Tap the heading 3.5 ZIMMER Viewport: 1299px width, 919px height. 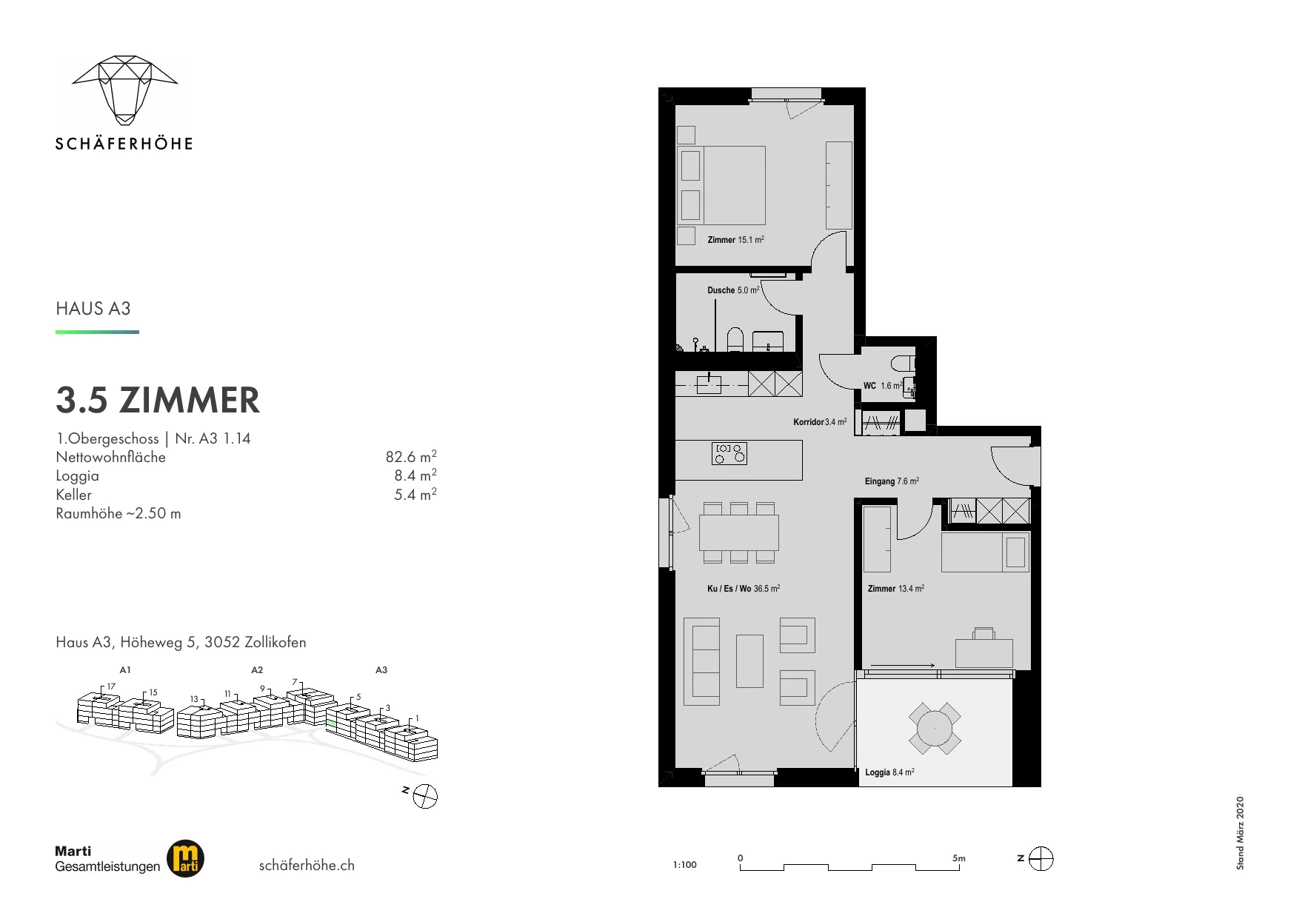click(x=158, y=400)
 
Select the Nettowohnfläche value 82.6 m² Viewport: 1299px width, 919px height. click(x=411, y=457)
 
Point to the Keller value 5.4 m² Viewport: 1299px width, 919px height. click(x=415, y=495)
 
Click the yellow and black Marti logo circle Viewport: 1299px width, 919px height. click(x=185, y=859)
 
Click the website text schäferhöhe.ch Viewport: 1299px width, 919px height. click(x=307, y=865)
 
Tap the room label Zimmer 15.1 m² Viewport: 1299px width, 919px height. click(x=735, y=240)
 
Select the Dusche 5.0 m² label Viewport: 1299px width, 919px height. click(x=733, y=290)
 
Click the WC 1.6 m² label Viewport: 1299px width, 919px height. click(x=883, y=386)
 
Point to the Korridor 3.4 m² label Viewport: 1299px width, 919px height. click(x=820, y=422)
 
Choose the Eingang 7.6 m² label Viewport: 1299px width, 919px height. click(x=892, y=481)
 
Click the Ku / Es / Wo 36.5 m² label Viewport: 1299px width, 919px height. click(x=744, y=589)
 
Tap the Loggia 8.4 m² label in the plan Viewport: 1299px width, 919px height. click(x=889, y=772)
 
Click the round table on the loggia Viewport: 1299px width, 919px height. click(x=935, y=729)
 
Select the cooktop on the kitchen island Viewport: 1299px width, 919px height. click(x=729, y=453)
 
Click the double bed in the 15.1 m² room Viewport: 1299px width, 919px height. click(x=722, y=185)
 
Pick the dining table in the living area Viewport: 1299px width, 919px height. click(x=739, y=532)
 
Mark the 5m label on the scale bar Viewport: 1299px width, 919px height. click(x=959, y=858)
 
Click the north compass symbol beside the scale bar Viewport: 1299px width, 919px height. click(x=1041, y=859)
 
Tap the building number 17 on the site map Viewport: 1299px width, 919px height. click(x=111, y=686)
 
